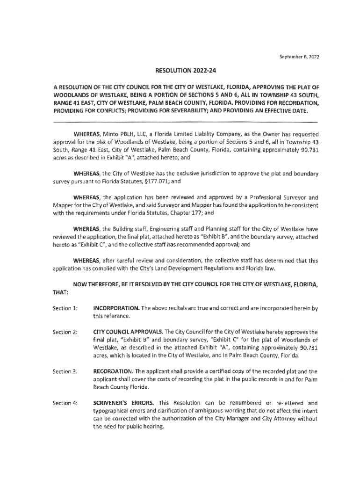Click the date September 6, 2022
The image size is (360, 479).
(300, 57)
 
